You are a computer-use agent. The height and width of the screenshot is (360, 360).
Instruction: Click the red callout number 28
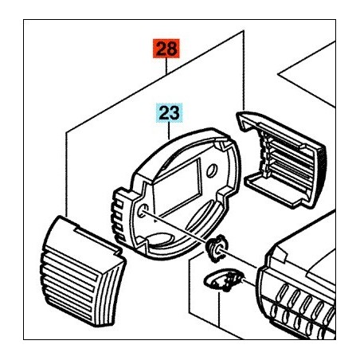click(x=166, y=49)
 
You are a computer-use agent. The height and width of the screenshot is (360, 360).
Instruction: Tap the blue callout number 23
click(x=170, y=113)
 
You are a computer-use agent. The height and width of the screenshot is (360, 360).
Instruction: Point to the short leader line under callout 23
click(x=169, y=131)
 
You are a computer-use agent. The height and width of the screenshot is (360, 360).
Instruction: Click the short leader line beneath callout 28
click(x=166, y=66)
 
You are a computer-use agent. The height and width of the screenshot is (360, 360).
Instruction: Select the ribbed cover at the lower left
click(x=83, y=272)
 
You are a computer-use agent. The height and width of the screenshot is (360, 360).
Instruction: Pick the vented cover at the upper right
click(x=281, y=160)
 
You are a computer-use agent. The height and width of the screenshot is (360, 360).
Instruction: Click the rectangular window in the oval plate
click(x=178, y=188)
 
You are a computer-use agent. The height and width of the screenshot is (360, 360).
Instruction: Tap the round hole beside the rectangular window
click(x=212, y=170)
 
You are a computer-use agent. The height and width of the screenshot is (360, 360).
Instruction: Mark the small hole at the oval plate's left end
click(x=143, y=210)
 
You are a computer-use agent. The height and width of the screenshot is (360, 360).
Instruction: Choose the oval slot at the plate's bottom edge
click(x=161, y=238)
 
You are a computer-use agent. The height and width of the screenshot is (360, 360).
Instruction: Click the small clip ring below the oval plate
click(x=217, y=248)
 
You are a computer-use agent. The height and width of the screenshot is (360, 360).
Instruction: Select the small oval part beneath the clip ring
click(x=223, y=281)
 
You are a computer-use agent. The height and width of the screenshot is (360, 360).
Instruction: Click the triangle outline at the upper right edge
click(x=308, y=74)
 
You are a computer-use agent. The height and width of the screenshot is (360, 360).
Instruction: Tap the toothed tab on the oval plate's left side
click(x=120, y=214)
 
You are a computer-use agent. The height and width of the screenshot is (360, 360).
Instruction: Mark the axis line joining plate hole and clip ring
click(x=181, y=230)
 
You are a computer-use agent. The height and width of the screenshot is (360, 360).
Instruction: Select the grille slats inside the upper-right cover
click(x=288, y=159)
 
